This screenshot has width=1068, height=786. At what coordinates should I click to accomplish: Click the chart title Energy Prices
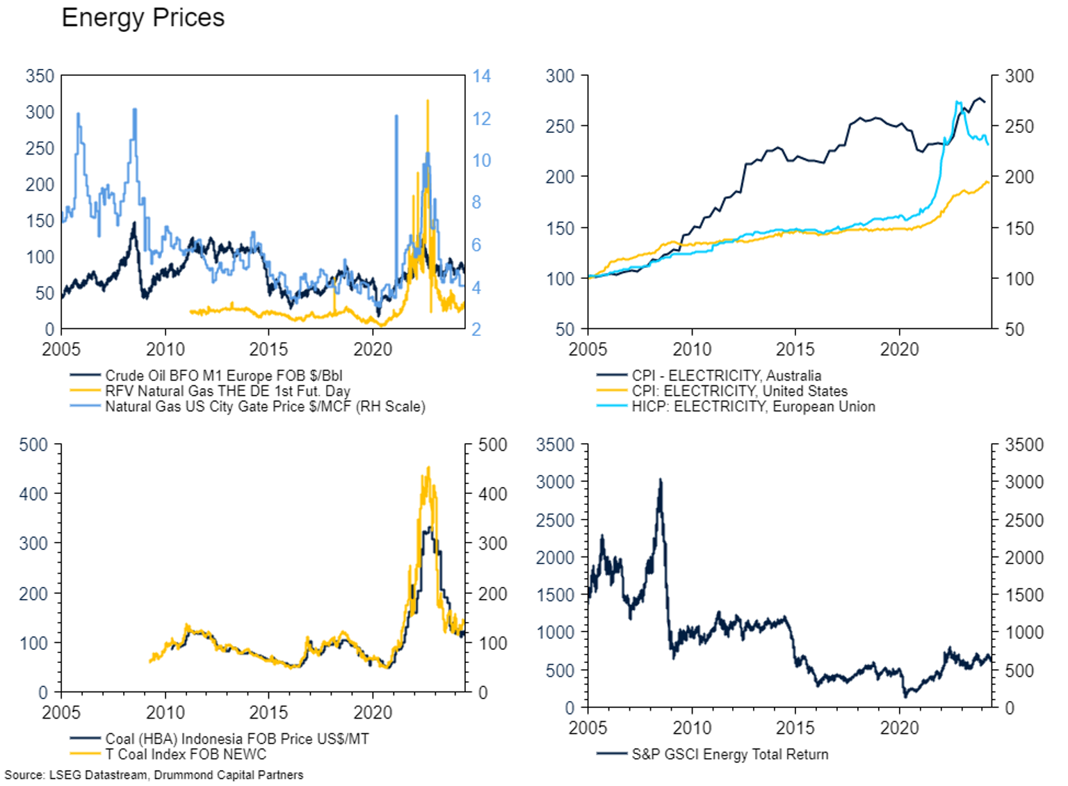tap(143, 17)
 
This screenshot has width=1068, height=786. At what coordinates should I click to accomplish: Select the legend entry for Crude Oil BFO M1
tap(223, 376)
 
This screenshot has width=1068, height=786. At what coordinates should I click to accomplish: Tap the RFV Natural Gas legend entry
tap(227, 391)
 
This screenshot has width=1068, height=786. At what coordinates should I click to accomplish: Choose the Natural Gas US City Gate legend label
tap(265, 406)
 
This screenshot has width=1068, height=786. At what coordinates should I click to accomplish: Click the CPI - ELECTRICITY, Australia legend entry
tap(726, 376)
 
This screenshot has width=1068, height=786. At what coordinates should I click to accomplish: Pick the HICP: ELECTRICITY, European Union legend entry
tap(753, 406)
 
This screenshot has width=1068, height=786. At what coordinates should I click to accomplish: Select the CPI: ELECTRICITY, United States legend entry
tap(739, 391)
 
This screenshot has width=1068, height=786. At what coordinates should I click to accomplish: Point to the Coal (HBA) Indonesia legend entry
tap(236, 739)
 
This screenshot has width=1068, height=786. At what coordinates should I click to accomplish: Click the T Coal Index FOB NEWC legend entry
tap(186, 754)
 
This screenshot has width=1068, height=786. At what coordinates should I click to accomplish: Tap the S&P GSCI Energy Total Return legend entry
tap(729, 754)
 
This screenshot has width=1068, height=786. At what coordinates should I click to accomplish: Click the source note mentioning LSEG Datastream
tap(154, 775)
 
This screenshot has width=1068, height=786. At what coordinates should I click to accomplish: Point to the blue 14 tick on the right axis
tap(481, 76)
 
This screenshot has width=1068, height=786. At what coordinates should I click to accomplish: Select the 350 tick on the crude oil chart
tap(40, 76)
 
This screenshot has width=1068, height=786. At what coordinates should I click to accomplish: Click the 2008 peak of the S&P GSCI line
tap(660, 479)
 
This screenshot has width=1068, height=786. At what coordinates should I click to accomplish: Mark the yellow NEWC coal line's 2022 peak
tap(428, 467)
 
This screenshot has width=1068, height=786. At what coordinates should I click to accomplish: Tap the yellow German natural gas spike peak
tap(428, 101)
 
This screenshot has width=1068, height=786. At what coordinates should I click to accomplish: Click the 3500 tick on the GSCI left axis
tap(555, 445)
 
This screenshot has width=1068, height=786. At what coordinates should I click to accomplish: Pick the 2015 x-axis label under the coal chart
tap(268, 712)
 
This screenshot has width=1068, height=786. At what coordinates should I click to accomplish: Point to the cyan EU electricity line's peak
tap(957, 102)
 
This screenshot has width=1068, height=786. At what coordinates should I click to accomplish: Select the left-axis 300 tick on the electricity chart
tap(560, 76)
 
